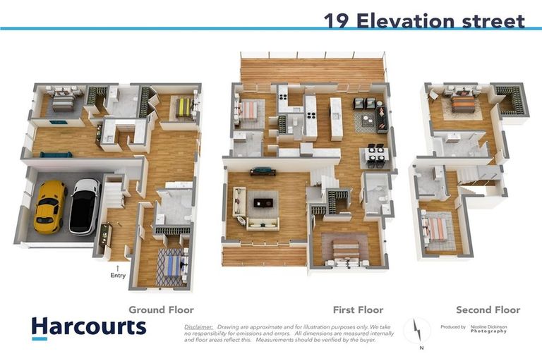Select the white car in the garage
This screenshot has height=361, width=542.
(x=85, y=205)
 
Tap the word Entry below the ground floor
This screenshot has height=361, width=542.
(x=118, y=276)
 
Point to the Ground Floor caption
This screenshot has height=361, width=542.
(x=161, y=310)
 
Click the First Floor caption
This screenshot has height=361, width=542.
(x=358, y=310)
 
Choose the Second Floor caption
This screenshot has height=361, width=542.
(x=488, y=310)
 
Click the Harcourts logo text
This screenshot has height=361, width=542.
(x=89, y=326)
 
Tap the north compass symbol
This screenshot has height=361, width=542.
(x=416, y=331)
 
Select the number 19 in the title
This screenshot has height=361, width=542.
(x=338, y=20)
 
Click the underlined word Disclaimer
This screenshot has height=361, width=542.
(x=198, y=327)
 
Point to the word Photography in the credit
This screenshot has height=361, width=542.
(x=488, y=331)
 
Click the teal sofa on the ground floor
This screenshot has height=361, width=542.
(x=56, y=154)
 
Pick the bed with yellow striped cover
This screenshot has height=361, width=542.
(x=184, y=107)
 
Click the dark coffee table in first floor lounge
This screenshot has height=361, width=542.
(x=262, y=202)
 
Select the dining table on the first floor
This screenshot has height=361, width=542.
(x=375, y=156)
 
